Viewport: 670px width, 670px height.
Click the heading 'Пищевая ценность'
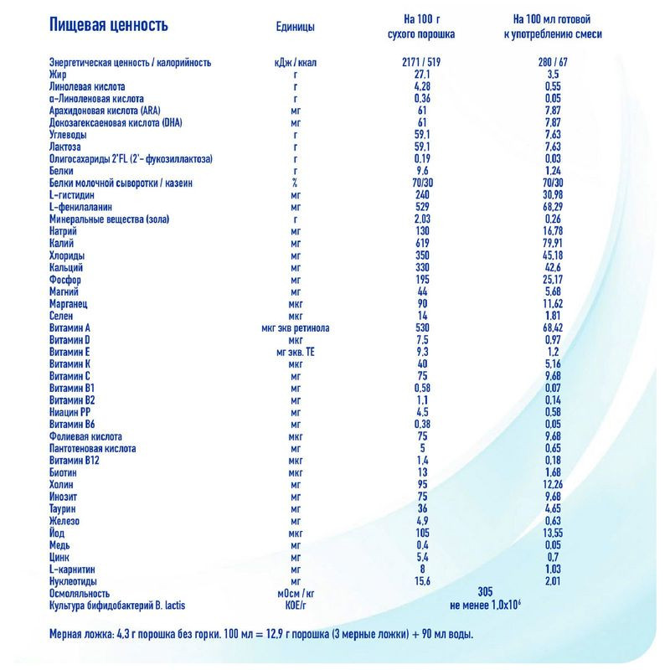108,24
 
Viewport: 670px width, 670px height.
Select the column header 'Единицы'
296,27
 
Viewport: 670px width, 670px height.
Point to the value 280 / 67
552,63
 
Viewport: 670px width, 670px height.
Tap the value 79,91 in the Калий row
552,243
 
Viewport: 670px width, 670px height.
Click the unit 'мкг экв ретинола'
296,327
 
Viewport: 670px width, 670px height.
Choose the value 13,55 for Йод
552,533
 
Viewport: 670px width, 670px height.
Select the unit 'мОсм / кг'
296,592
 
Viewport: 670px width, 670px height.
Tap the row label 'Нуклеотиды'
75,580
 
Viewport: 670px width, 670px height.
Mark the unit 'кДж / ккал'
296,63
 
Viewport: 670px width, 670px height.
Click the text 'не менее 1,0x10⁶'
492,605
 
